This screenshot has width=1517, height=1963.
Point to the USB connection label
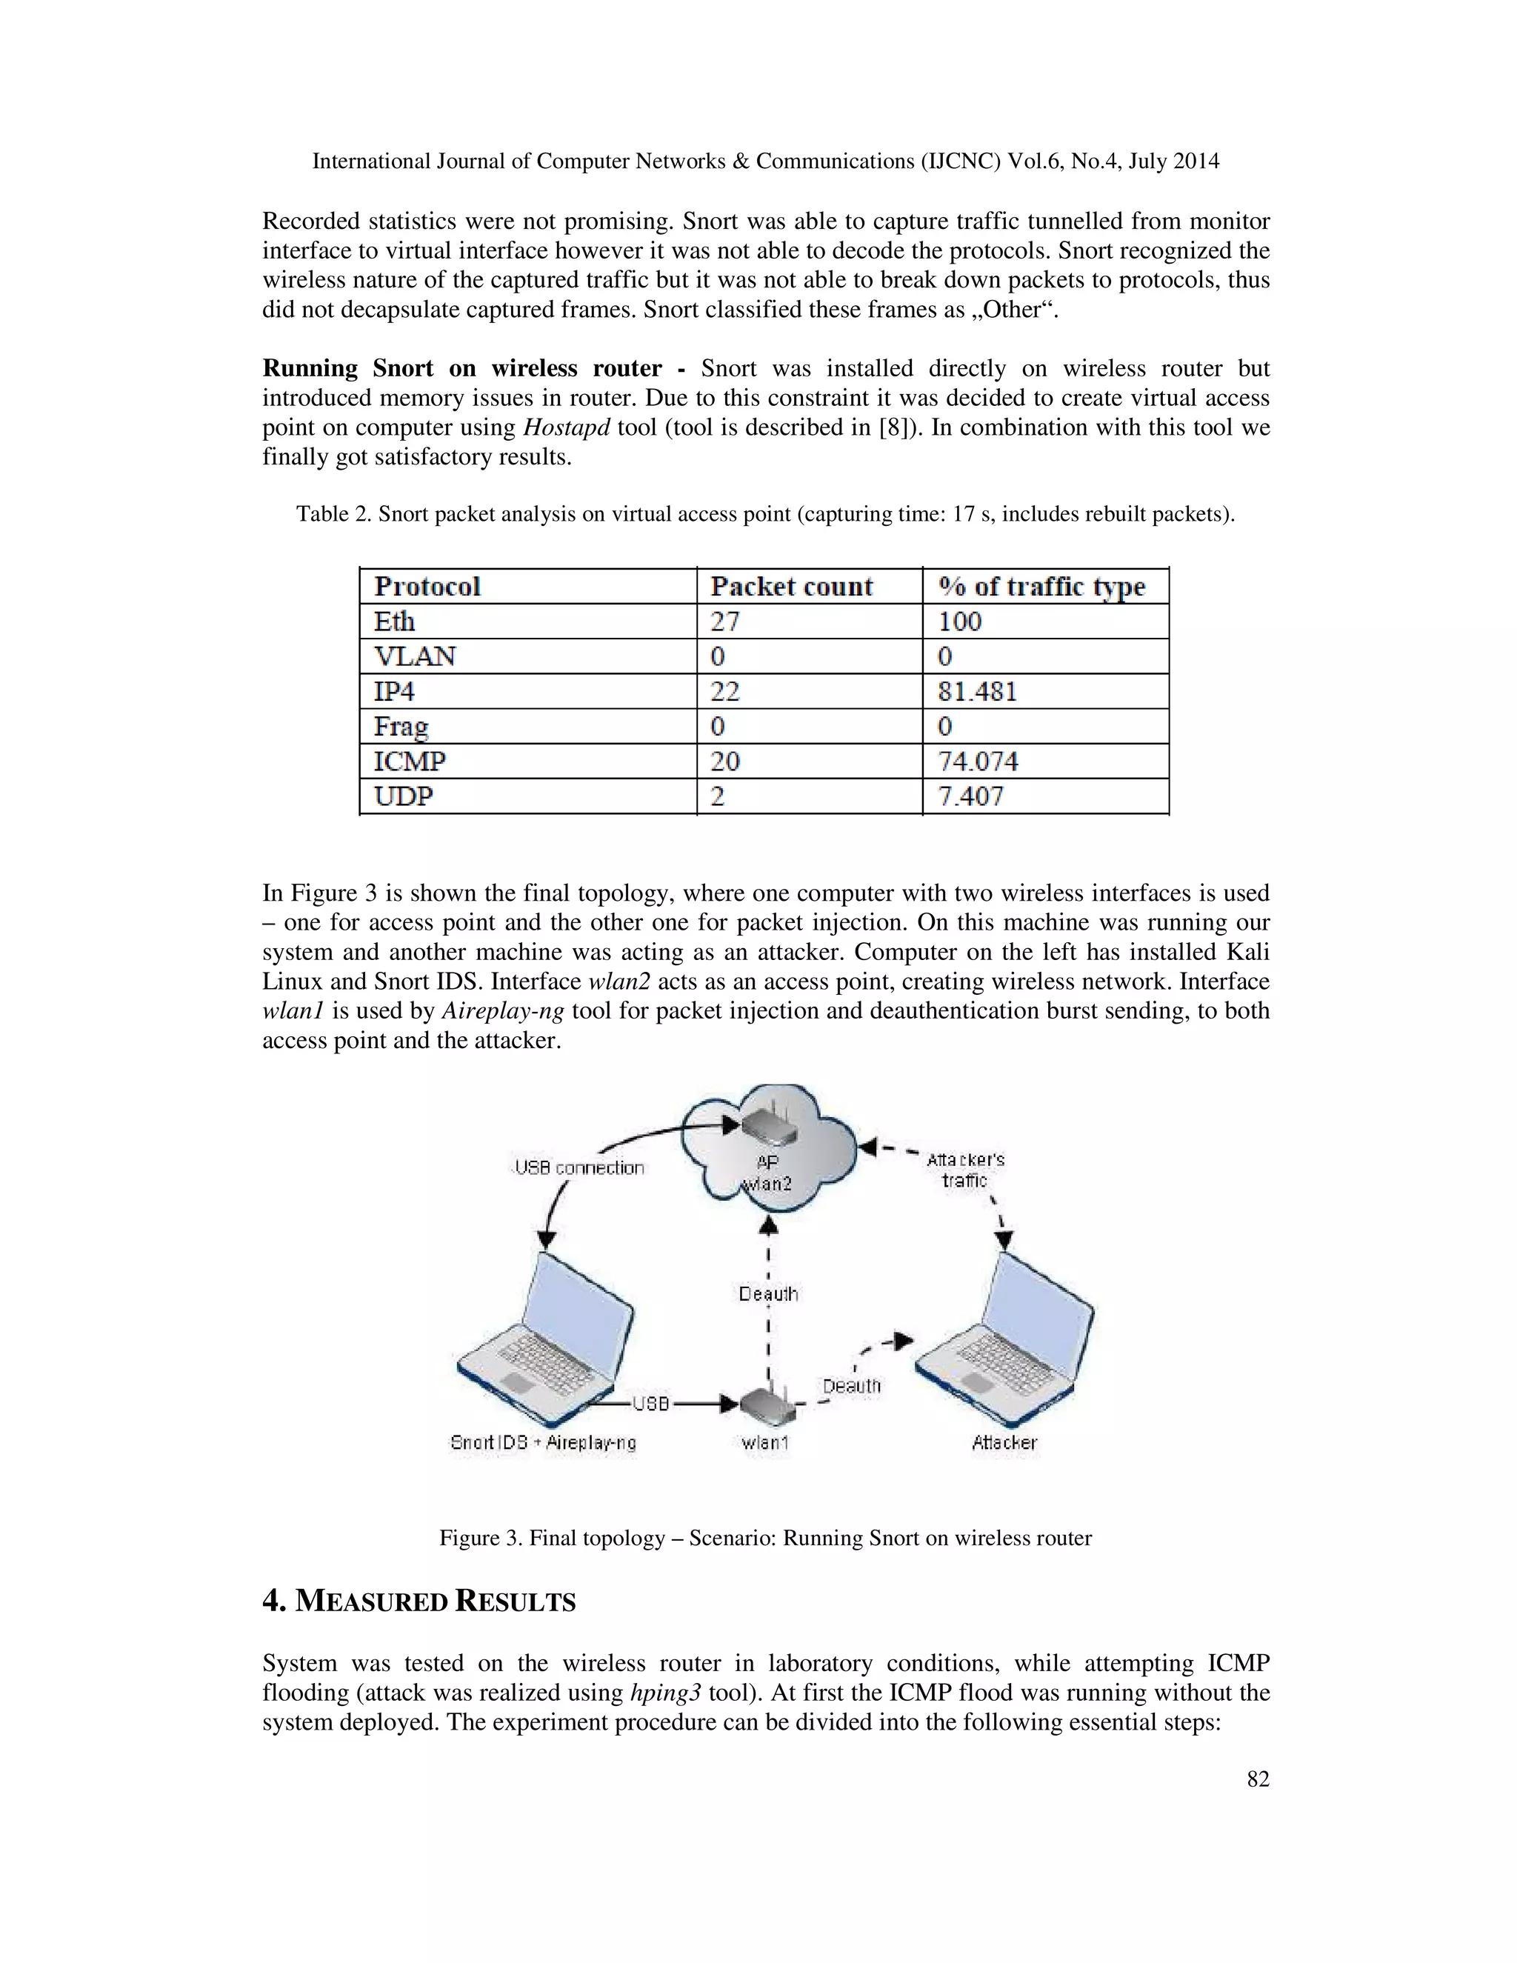pyautogui.click(x=580, y=1167)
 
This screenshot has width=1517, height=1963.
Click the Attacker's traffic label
pyautogui.click(x=965, y=1170)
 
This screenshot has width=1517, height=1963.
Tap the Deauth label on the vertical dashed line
pyautogui.click(x=767, y=1293)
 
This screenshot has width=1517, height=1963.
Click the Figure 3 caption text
pyautogui.click(x=764, y=1538)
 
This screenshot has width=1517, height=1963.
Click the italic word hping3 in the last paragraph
pyautogui.click(x=664, y=1693)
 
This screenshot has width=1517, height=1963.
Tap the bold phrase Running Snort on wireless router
pyautogui.click(x=462, y=368)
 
